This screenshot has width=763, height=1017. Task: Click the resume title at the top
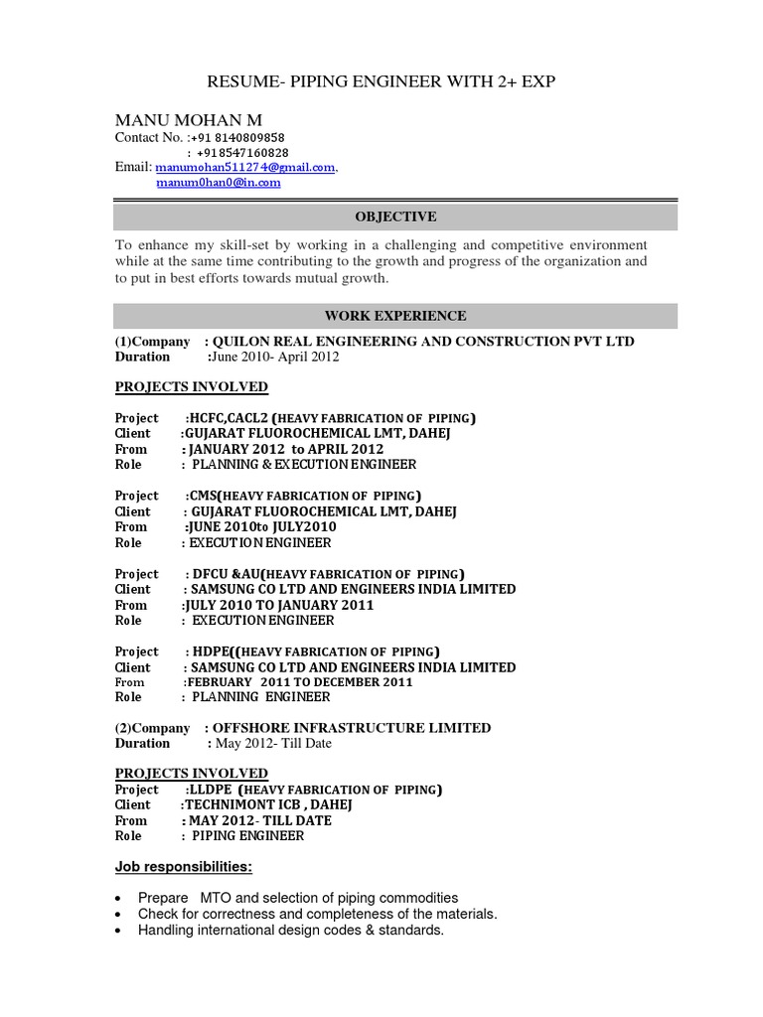(x=381, y=81)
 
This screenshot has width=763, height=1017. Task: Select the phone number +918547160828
(x=242, y=153)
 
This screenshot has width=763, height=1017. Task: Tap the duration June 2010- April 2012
(x=273, y=357)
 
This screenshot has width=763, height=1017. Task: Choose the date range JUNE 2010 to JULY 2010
(x=260, y=527)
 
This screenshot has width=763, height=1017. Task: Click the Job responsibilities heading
(x=184, y=868)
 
